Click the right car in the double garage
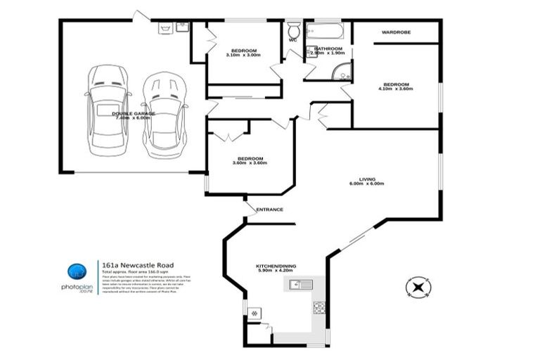coord(164,116)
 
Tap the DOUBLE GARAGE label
coord(135,113)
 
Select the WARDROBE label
coord(396,32)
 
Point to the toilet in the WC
coord(294,30)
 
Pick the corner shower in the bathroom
coord(342,71)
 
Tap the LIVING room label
coord(366,179)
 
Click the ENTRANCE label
coord(269,210)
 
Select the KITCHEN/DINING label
coord(276,266)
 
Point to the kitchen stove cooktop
coord(319,307)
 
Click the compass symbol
coord(416,287)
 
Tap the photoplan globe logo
coord(77,272)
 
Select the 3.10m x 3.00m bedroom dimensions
coord(244,56)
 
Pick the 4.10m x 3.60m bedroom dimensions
coord(394,89)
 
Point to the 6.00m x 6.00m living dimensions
coord(366,184)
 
